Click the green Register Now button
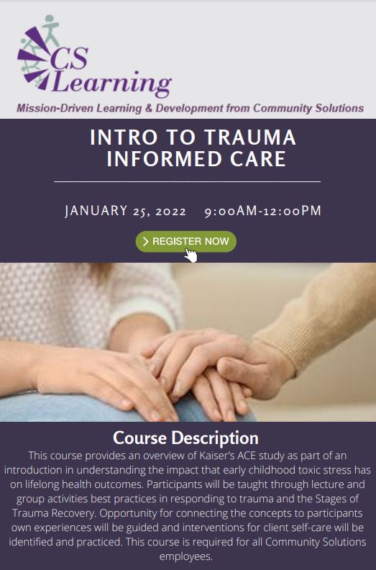point(185,241)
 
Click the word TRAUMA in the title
point(250,137)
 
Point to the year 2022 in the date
point(170,211)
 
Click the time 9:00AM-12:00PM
point(262,211)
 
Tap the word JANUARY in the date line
point(96,211)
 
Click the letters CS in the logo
point(70,58)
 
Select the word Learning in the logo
point(112,83)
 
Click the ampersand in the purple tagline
point(148,108)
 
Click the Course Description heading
point(185,438)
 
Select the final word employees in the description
point(185,556)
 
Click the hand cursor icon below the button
point(191,255)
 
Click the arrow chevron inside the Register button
point(146,241)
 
